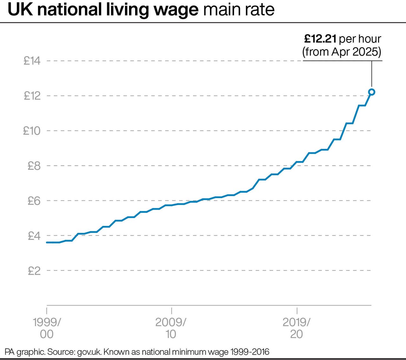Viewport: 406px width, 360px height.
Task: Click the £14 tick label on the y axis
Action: tap(32, 61)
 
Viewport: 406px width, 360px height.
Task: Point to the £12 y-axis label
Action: tap(32, 96)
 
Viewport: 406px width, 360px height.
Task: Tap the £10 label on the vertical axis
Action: tap(32, 131)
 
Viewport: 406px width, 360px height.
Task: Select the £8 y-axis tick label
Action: tap(34, 166)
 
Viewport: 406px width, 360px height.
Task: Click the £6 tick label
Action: tap(34, 201)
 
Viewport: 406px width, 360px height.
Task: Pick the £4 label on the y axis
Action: tap(34, 236)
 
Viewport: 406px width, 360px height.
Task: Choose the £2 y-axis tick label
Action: tap(34, 271)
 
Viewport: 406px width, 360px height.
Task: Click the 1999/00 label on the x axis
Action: tap(47, 328)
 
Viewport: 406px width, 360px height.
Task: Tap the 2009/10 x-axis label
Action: tap(171, 328)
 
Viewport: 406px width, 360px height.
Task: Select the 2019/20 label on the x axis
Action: tap(296, 328)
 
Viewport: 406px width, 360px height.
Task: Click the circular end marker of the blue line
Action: tap(372, 92)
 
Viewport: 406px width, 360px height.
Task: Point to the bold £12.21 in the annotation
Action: tap(320, 39)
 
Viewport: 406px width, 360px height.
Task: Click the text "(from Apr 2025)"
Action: tap(342, 52)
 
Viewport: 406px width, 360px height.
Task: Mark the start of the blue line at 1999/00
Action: tap(47, 242)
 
